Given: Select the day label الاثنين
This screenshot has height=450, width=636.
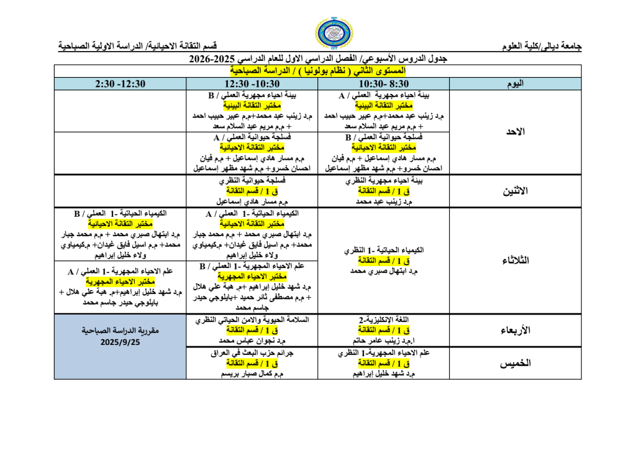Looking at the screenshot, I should (x=514, y=191).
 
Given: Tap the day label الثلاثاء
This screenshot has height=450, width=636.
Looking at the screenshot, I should (x=514, y=260).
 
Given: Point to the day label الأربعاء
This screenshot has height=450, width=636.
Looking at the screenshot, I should (x=514, y=331).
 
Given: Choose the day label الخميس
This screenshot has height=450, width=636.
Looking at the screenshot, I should (x=514, y=364).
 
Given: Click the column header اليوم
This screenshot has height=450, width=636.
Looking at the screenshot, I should (x=514, y=84).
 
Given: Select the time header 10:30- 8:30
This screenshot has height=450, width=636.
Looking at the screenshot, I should (x=383, y=84).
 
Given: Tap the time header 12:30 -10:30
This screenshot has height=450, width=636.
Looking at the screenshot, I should (x=252, y=84).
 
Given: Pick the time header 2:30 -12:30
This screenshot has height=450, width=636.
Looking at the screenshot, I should (x=120, y=84).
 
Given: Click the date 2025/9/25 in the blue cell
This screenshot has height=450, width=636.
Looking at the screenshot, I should (x=120, y=342).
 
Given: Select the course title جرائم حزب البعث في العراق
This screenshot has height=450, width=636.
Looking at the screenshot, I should (x=252, y=353).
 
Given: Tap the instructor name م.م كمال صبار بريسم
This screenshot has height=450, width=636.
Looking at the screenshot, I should (x=252, y=374).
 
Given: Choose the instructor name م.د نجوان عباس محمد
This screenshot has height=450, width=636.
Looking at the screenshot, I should (x=252, y=341).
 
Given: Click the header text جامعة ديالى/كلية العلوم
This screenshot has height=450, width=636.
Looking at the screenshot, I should (x=542, y=46).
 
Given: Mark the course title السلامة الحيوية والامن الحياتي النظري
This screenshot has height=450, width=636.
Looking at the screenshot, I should (x=252, y=320).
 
